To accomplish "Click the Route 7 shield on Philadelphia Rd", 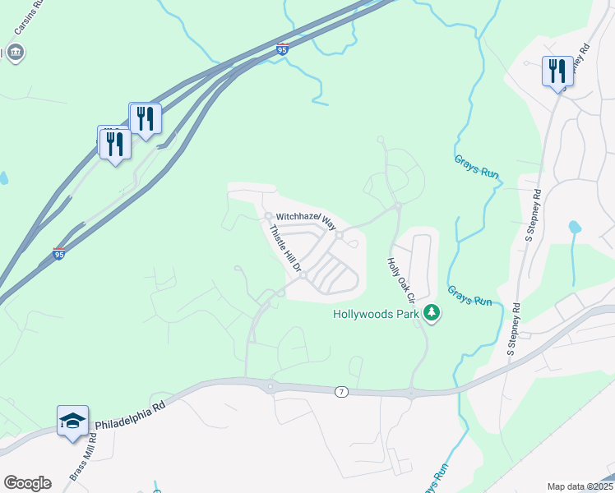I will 341,392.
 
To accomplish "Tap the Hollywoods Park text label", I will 376,314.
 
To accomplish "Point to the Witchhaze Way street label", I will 307,219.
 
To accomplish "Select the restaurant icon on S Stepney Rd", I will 557,71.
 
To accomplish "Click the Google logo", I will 27,483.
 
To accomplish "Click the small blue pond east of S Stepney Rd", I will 574,227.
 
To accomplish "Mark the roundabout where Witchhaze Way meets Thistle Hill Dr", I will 268,217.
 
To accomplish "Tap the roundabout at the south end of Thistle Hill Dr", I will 303,276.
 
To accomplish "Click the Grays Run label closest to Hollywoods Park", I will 469,296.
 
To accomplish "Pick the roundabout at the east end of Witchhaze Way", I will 339,237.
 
